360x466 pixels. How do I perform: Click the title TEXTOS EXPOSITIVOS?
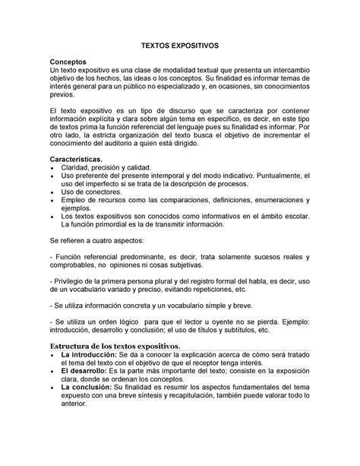[180, 46]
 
